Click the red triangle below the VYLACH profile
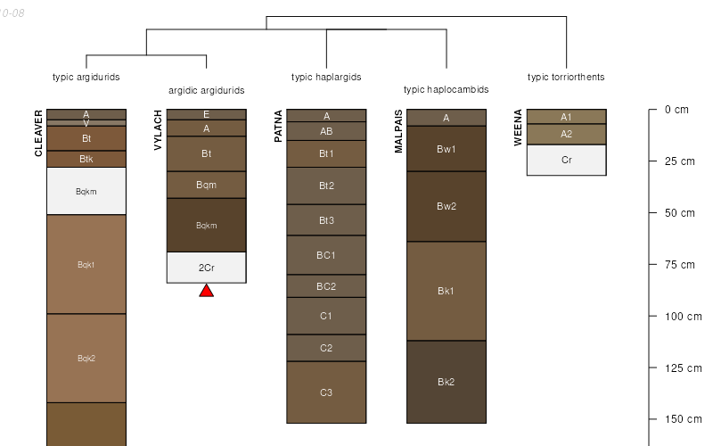tap(206, 291)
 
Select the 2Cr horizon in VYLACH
tap(206, 268)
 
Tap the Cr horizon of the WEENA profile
tap(566, 161)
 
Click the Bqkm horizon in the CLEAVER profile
tap(86, 191)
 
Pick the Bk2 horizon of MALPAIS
tap(447, 382)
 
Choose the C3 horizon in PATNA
tap(326, 392)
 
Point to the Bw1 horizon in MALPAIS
tap(447, 149)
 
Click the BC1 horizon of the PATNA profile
tap(326, 255)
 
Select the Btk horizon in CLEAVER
tap(86, 160)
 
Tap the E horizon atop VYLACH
tap(206, 114)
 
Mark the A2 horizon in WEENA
tap(566, 135)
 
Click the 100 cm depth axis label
tap(684, 317)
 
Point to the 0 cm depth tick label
tap(676, 110)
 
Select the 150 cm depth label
tap(684, 419)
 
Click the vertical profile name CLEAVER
tap(38, 133)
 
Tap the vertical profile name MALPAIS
tap(398, 131)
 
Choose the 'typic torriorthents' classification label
tap(566, 77)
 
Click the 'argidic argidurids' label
tap(206, 90)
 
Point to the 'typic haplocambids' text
tap(446, 89)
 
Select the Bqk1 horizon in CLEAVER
tap(86, 264)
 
